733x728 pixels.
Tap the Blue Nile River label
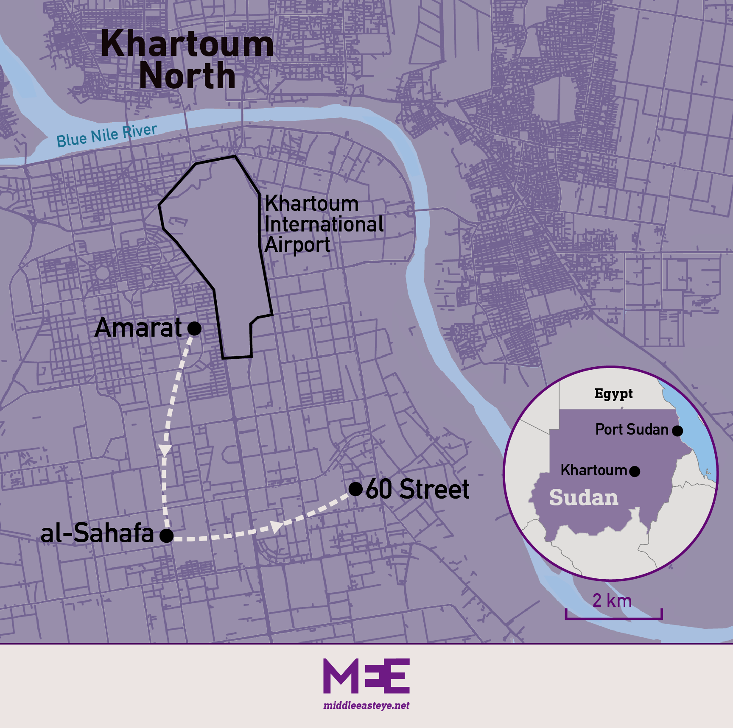tap(106, 136)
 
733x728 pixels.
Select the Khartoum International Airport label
tap(324, 224)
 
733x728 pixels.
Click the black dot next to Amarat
tap(194, 328)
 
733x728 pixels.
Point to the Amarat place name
tap(138, 328)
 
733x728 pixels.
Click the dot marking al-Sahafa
tap(167, 536)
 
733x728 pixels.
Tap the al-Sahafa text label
tap(97, 533)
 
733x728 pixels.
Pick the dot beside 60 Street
tap(355, 489)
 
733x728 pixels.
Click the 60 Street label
tap(417, 489)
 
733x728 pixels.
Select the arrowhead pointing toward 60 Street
tap(277, 527)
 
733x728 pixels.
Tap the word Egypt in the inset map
tap(613, 394)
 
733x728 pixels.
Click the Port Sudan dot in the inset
tap(677, 431)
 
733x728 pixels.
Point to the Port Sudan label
tap(632, 430)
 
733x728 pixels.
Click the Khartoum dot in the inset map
tap(635, 471)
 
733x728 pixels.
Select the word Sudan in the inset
tap(584, 498)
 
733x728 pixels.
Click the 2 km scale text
tap(612, 600)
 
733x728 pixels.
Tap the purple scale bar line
tap(613, 618)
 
